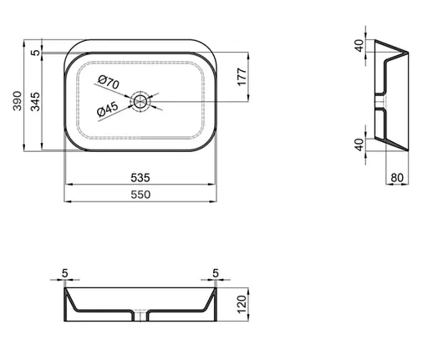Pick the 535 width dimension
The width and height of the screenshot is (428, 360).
click(x=140, y=177)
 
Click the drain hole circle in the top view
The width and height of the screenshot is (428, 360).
click(x=140, y=102)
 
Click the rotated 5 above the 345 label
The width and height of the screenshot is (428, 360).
click(x=34, y=53)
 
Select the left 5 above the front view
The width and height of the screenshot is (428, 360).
click(x=66, y=273)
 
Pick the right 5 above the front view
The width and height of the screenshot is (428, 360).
click(x=215, y=273)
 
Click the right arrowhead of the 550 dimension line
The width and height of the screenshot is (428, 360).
click(x=215, y=201)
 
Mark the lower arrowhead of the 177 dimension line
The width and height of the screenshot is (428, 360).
click(x=247, y=100)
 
